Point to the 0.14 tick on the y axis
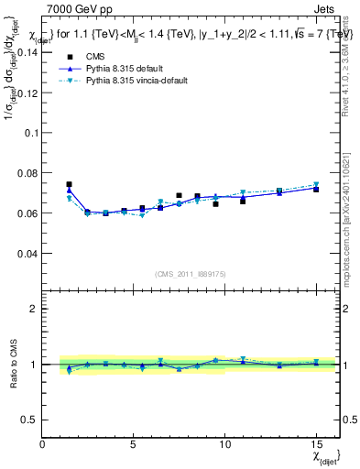click(27, 52)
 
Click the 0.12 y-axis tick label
click(27, 93)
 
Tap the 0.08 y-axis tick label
click(27, 173)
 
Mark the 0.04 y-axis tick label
click(27, 254)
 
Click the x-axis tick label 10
click(224, 444)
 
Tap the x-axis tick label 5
click(134, 444)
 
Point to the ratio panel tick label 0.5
click(29, 419)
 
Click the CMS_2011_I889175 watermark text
click(191, 274)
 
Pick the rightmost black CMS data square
click(316, 189)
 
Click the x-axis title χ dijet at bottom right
click(324, 455)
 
